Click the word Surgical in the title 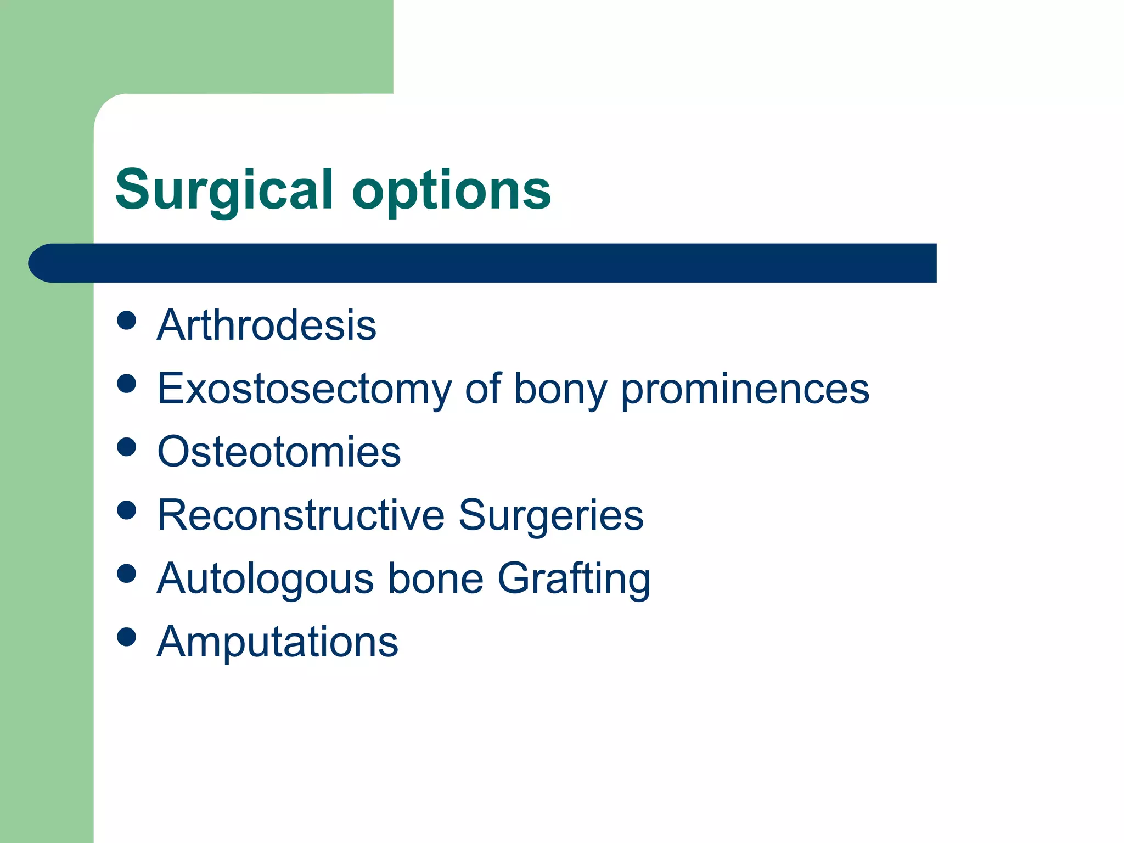click(224, 190)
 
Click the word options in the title click(451, 190)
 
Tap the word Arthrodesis click(267, 325)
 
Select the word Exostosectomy click(304, 389)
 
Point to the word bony click(560, 389)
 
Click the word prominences click(745, 389)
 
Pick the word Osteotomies click(279, 452)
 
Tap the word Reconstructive click(301, 515)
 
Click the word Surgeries click(550, 515)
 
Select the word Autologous click(265, 578)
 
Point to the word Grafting click(574, 578)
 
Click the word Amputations click(277, 642)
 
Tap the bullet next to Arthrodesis click(127, 321)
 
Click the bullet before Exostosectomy click(127, 384)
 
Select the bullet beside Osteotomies click(127, 447)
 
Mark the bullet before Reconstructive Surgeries click(127, 510)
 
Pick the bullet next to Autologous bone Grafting click(127, 574)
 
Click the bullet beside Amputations click(127, 637)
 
